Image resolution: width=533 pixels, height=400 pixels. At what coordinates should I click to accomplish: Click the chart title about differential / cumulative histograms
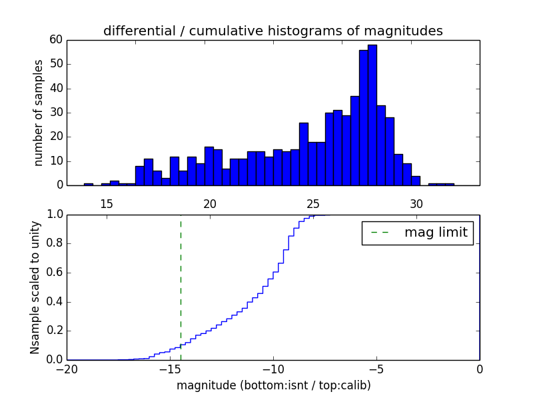coord(272,31)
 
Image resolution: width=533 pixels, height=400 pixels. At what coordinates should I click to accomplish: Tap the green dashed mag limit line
coord(181,287)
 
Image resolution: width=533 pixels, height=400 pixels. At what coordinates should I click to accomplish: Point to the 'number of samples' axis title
coord(39,112)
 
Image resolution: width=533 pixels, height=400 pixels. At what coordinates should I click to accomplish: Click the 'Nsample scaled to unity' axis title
coord(35,287)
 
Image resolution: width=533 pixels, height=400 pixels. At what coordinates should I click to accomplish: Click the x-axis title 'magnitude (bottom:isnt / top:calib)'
coord(273,385)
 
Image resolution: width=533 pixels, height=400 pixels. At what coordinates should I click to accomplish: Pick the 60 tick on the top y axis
coord(56,40)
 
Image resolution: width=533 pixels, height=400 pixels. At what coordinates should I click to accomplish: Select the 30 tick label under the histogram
coord(416,203)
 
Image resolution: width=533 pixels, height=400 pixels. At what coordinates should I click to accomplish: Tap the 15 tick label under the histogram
coord(107,203)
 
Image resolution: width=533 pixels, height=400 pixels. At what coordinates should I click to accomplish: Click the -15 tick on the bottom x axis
coord(170,369)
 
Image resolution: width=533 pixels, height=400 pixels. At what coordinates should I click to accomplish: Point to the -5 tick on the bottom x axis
coord(376,369)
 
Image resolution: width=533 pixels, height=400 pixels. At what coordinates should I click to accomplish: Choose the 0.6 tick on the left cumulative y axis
coord(55,273)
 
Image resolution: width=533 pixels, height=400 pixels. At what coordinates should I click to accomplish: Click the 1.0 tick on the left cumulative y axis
coord(55,215)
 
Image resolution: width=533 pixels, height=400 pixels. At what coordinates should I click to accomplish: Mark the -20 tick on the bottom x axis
coord(67,369)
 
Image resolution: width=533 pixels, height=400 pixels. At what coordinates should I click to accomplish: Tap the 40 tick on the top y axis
coord(56,89)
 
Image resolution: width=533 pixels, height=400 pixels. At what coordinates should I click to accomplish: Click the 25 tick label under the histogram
coord(313,203)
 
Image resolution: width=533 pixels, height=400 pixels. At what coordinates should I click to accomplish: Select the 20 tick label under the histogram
coord(210,203)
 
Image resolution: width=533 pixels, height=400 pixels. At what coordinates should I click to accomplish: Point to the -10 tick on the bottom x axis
coord(273,369)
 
